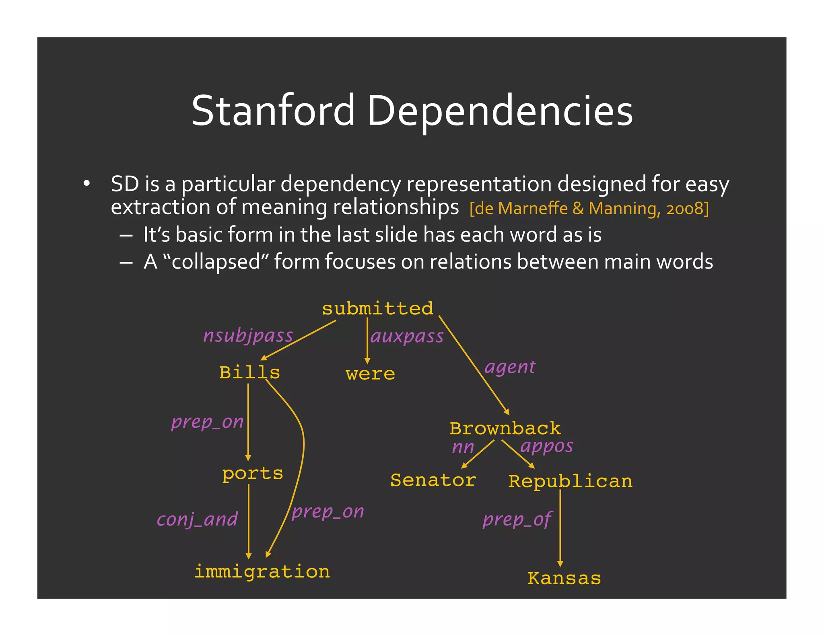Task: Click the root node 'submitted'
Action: pos(377,309)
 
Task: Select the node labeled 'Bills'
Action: pos(249,373)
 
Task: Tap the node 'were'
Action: pos(370,374)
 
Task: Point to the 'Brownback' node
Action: pos(505,429)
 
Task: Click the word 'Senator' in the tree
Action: pos(433,480)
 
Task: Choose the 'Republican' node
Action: pos(570,482)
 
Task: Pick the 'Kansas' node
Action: pos(564,579)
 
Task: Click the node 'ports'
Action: pos(253,474)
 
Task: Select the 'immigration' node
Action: pos(262,572)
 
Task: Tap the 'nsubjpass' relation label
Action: pos(248,336)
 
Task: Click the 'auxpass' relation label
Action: pos(407,336)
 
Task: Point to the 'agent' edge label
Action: pos(510,367)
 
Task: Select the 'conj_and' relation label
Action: pos(197,520)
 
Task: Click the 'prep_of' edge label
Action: pos(517,520)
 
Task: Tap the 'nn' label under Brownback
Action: pos(463,447)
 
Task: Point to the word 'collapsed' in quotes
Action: pos(216,262)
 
